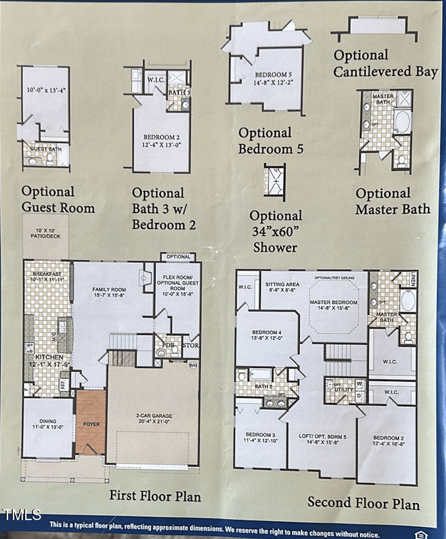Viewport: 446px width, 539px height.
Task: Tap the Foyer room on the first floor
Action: [91, 424]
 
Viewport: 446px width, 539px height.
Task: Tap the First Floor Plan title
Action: [154, 495]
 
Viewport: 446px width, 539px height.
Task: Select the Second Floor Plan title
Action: [363, 503]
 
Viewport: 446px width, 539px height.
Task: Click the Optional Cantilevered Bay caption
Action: [385, 63]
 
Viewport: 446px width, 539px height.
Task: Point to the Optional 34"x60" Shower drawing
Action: [274, 182]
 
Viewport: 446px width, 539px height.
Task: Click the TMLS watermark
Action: [21, 514]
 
